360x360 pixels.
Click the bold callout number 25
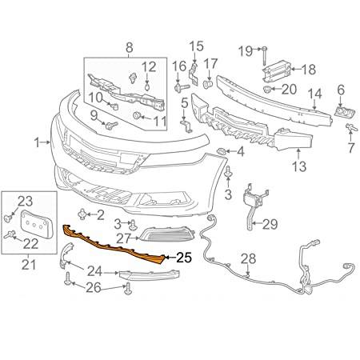click(184, 258)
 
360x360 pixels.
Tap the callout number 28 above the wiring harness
click(249, 259)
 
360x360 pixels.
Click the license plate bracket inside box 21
click(37, 224)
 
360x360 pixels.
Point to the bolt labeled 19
click(264, 55)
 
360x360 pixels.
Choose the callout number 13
click(299, 166)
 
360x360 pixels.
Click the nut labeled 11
click(137, 115)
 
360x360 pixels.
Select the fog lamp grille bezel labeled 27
click(166, 235)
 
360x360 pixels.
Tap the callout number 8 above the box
click(129, 48)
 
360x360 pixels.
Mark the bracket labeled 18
click(276, 70)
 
